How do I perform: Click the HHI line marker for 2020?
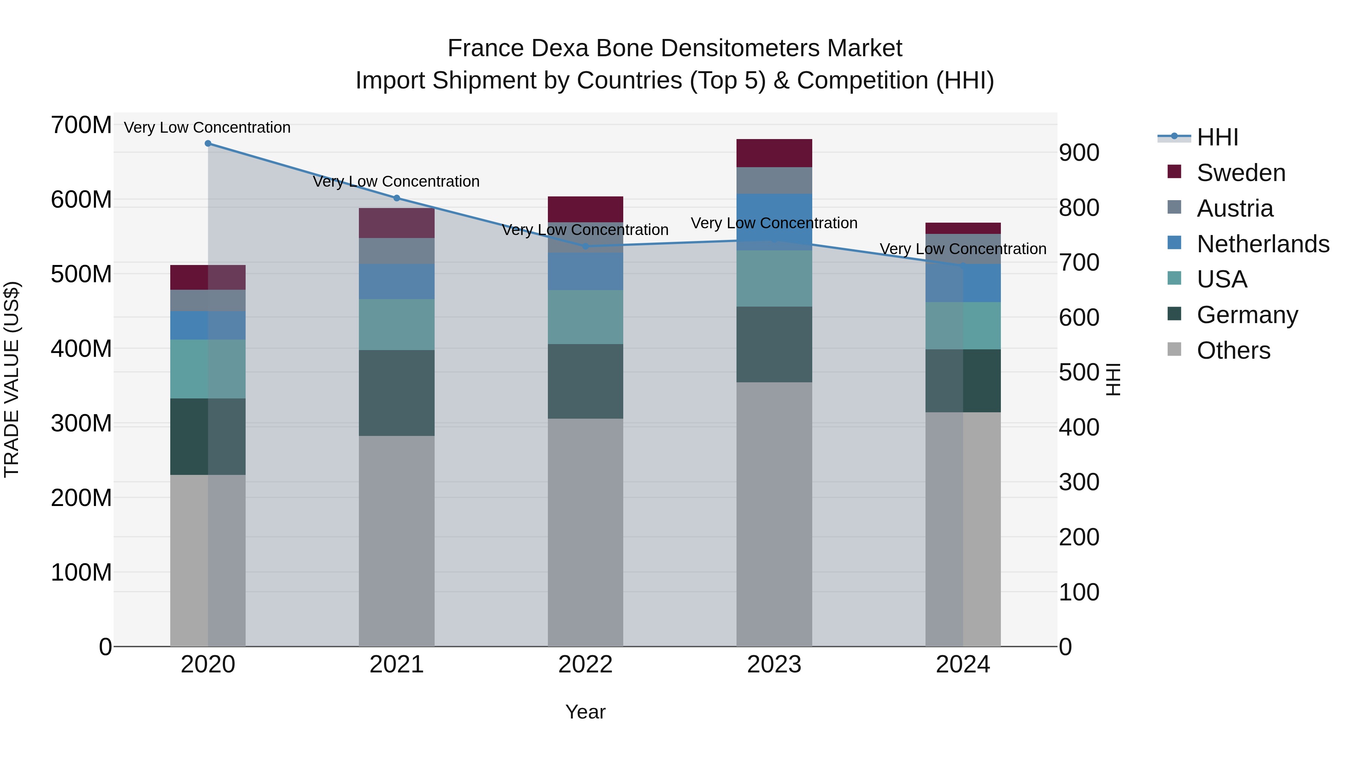pyautogui.click(x=208, y=144)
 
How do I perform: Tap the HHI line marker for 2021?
pyautogui.click(x=397, y=198)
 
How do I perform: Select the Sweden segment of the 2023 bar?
pyautogui.click(x=774, y=153)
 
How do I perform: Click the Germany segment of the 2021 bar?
pyautogui.click(x=397, y=393)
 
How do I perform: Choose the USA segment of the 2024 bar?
pyautogui.click(x=963, y=326)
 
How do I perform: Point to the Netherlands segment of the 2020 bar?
pyautogui.click(x=208, y=325)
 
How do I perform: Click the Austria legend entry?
pyautogui.click(x=1235, y=208)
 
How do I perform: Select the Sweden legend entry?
pyautogui.click(x=1240, y=173)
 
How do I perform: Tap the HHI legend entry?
pyautogui.click(x=1217, y=137)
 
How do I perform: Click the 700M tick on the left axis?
pyautogui.click(x=81, y=126)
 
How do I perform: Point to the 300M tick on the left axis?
pyautogui.click(x=81, y=423)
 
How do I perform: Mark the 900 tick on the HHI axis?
pyautogui.click(x=1079, y=153)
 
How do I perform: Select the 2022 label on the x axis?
pyautogui.click(x=585, y=665)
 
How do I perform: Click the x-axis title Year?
pyautogui.click(x=585, y=712)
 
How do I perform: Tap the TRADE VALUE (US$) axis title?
pyautogui.click(x=12, y=379)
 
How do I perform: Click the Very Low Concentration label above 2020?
pyautogui.click(x=207, y=127)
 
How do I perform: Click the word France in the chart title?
pyautogui.click(x=486, y=48)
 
